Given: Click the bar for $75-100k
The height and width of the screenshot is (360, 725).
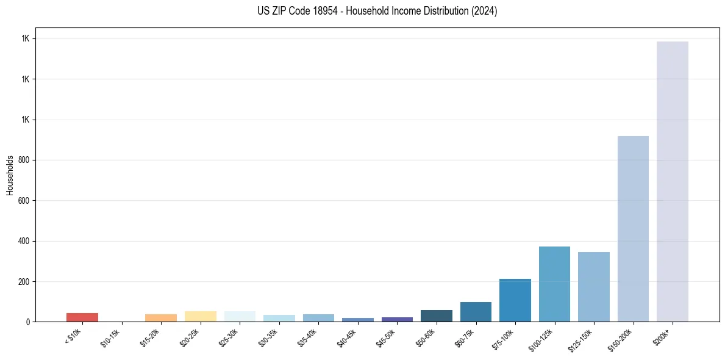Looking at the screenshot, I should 515,300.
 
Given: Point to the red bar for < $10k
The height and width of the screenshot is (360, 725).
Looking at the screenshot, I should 82,317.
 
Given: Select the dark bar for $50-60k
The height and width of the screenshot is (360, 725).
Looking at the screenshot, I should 436,315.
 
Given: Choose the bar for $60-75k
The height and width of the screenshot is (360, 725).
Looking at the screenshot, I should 476,312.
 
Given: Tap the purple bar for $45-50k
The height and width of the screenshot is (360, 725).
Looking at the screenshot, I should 397,319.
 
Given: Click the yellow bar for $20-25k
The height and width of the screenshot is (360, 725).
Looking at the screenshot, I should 200,316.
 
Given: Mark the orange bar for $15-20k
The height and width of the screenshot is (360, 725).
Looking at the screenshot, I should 161,318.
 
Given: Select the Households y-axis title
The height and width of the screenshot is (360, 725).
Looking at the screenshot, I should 10,175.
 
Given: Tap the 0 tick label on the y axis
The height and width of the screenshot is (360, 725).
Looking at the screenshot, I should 27,322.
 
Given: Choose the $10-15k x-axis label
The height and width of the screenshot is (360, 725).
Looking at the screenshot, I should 111,336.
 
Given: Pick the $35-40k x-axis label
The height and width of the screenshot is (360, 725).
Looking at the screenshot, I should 307,336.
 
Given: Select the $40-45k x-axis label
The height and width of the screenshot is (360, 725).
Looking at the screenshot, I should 347,336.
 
